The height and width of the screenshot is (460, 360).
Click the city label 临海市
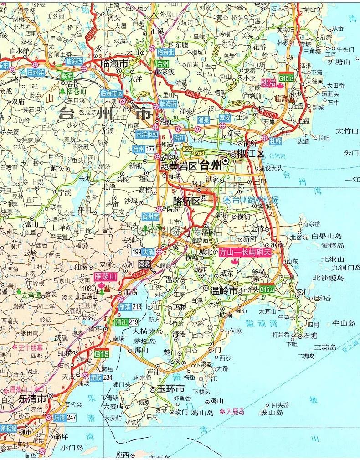coord(115,64)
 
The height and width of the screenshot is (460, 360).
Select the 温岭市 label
coord(224,290)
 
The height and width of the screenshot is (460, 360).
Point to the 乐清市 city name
coord(32,398)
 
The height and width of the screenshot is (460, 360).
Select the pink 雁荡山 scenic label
coord(105,276)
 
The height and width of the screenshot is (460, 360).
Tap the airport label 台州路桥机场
coord(255,200)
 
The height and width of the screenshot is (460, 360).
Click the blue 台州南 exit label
coord(151,217)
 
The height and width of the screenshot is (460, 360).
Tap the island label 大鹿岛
coord(235,411)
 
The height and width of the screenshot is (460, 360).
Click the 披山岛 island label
coord(272,413)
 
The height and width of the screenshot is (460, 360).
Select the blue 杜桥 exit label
coord(275,141)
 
